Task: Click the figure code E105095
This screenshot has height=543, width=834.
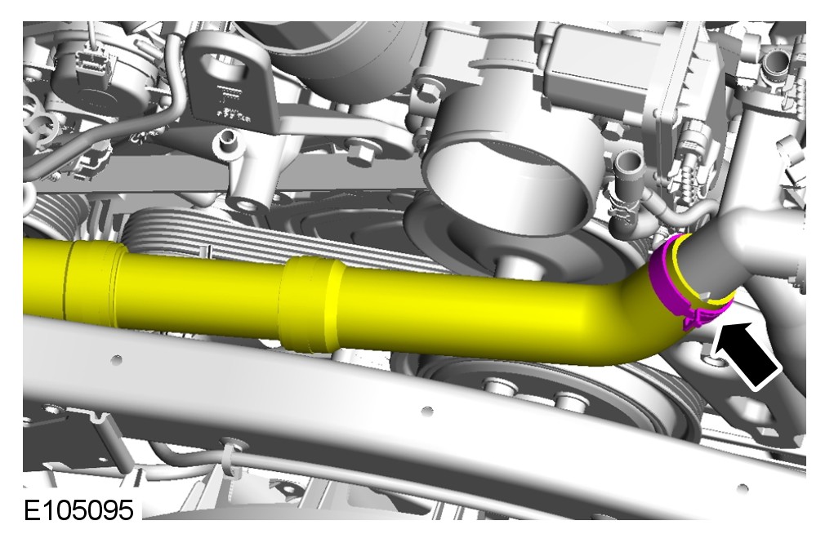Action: pos(78,510)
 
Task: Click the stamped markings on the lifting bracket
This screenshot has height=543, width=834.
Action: pos(230,102)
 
